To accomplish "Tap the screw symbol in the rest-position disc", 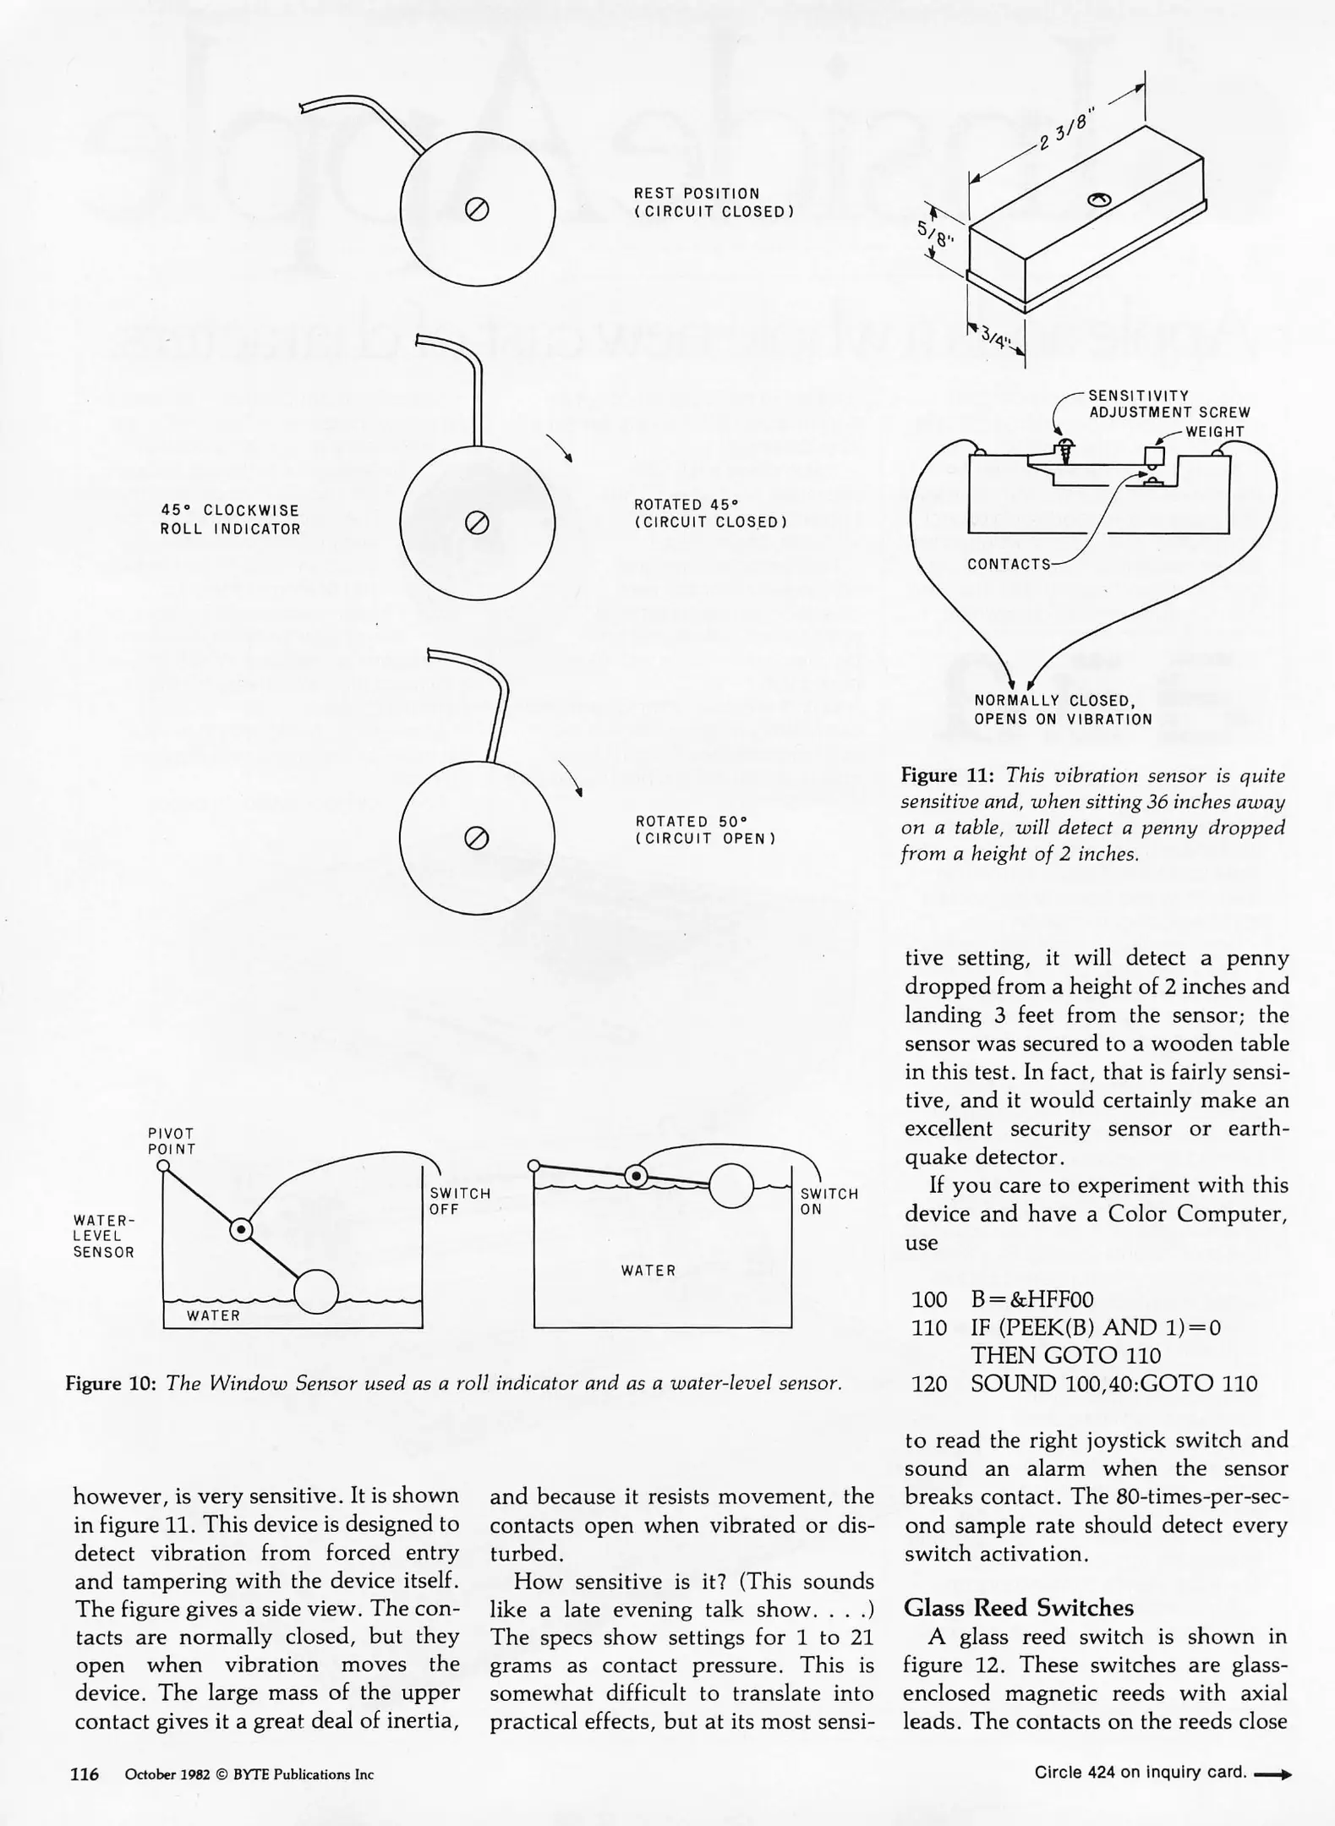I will [x=477, y=209].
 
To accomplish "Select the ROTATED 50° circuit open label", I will [x=706, y=830].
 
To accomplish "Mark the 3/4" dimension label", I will [x=995, y=339].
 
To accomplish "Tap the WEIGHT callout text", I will [x=1215, y=432].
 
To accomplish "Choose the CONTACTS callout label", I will [x=1009, y=564].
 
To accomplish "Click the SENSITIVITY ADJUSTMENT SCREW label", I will [x=1168, y=404].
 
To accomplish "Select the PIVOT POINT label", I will [x=172, y=1141].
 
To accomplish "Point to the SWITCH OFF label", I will [x=460, y=1201].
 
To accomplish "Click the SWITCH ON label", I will [x=829, y=1201].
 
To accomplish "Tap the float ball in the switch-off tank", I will [x=316, y=1292].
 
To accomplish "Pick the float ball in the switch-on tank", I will [x=730, y=1186].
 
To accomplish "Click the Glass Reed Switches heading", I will [x=1019, y=1607].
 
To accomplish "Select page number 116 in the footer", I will [x=85, y=1774].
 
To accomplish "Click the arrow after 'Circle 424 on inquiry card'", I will [x=1273, y=1774].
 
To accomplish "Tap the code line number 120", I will [x=929, y=1384].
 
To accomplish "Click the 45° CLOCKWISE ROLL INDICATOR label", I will [x=230, y=520].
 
